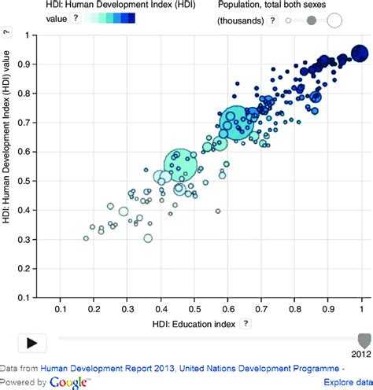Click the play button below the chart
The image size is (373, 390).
coord(32,342)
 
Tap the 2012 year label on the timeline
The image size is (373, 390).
coord(362,355)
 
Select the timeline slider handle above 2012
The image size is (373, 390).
coord(362,340)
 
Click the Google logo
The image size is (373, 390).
coord(68,382)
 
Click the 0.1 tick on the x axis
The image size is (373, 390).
coord(60,312)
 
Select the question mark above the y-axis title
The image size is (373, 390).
coord(6,32)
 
